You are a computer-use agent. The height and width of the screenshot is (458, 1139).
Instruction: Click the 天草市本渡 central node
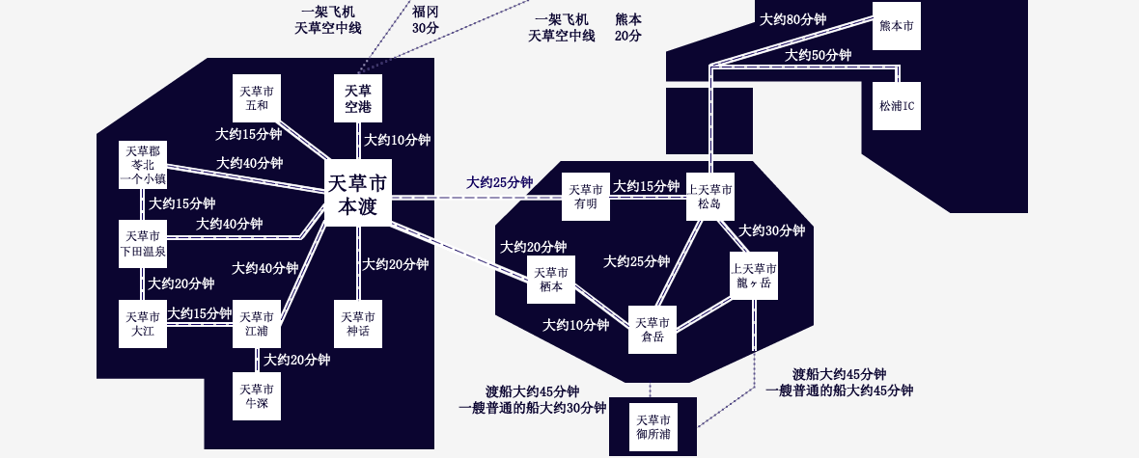tap(357, 194)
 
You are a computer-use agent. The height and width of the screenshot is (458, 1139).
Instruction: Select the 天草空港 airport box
tap(358, 98)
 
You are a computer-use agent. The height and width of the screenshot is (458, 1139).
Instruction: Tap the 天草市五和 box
tap(257, 98)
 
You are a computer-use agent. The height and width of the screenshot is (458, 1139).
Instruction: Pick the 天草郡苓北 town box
tap(143, 165)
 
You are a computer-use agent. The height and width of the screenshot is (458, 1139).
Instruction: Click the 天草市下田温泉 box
tap(143, 245)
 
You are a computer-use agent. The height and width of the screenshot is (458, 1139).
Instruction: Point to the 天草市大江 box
tap(143, 324)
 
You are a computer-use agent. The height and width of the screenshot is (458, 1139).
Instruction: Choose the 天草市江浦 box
tap(257, 324)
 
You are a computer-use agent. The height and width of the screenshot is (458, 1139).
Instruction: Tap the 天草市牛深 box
tap(257, 395)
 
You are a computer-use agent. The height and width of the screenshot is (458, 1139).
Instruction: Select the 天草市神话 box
tap(358, 324)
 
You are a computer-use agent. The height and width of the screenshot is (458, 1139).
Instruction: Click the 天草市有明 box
tap(586, 197)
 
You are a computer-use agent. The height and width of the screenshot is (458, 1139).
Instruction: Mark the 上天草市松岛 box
tap(710, 197)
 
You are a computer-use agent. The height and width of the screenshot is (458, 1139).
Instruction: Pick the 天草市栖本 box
tap(550, 280)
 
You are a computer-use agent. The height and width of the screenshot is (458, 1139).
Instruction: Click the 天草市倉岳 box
tap(653, 330)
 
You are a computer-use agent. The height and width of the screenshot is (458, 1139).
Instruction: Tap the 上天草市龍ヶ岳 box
tap(754, 276)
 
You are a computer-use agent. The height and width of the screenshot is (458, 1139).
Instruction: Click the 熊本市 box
tap(897, 25)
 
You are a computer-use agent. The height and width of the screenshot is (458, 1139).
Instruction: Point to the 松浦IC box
tap(897, 106)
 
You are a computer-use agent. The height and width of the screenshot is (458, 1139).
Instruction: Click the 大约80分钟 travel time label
tap(793, 19)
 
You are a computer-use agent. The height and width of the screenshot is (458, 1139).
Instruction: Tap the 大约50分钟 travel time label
tap(819, 55)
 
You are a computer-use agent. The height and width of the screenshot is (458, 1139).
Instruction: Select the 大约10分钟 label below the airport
tap(397, 140)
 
